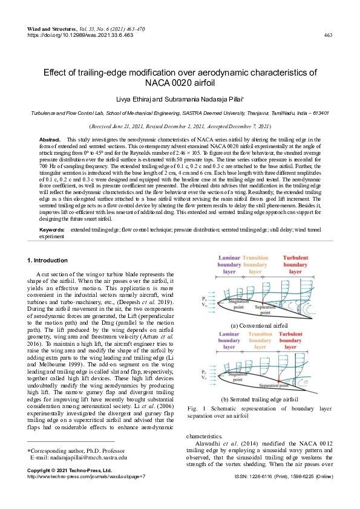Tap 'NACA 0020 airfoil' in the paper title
(180, 82)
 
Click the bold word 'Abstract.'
(50, 140)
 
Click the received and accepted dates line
(180, 126)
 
